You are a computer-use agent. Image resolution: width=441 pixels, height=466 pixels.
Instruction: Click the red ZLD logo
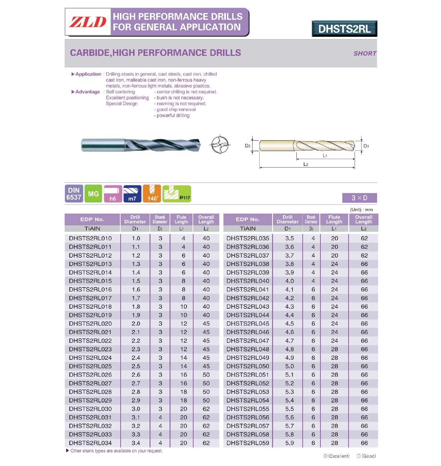(88, 22)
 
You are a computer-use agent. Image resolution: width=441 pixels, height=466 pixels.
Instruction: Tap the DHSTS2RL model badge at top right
(344, 29)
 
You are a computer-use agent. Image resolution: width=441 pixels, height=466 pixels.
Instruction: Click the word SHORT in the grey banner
(365, 53)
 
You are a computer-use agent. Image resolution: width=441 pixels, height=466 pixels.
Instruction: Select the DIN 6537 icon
(74, 194)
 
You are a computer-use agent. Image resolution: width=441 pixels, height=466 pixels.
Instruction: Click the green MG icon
(93, 194)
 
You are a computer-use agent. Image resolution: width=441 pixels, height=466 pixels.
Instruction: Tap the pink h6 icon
(113, 194)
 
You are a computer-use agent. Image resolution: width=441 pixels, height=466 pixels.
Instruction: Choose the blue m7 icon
(132, 194)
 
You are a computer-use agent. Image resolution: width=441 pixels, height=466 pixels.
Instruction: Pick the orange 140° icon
(152, 194)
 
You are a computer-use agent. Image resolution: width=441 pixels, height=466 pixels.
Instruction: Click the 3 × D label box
(359, 198)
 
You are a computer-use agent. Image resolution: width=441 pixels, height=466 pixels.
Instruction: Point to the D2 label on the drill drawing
(247, 146)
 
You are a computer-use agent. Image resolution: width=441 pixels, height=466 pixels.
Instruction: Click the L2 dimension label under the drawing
(306, 164)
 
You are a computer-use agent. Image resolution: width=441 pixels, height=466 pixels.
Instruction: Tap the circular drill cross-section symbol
(220, 144)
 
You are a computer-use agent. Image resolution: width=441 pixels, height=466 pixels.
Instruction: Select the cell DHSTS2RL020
(90, 324)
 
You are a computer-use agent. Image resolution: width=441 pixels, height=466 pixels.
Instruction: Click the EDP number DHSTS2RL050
(248, 366)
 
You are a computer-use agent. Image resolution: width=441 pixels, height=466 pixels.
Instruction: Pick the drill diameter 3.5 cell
(289, 239)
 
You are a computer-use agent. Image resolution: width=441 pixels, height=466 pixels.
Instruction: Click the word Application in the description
(88, 74)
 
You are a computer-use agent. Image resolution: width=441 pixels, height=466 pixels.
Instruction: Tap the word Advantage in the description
(88, 92)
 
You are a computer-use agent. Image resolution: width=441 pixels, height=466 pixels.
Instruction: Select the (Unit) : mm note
(361, 210)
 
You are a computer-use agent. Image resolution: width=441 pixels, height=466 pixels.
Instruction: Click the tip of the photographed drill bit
(199, 145)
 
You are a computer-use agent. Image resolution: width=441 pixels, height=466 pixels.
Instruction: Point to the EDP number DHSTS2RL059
(248, 443)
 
